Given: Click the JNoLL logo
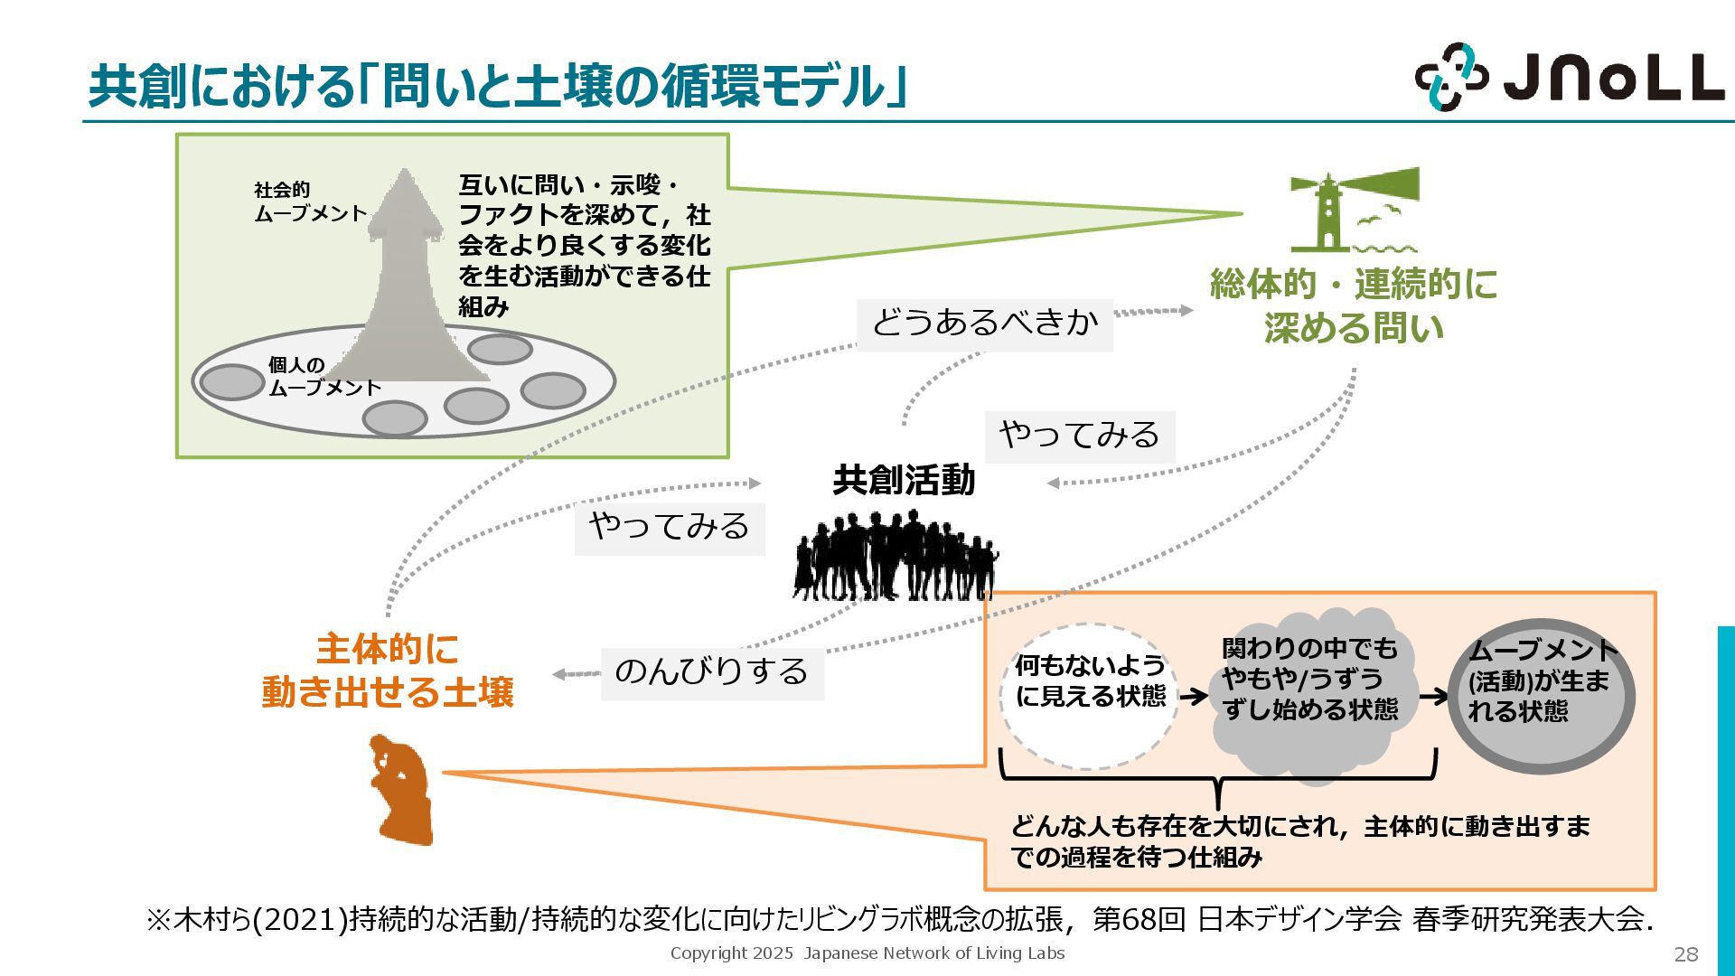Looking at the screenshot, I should point(1569,77).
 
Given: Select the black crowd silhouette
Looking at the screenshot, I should point(896,556).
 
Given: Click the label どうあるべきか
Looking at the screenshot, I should point(984,323).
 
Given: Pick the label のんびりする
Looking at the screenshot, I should point(712,672).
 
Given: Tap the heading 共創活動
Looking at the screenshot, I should point(904,480).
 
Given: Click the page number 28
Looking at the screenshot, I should point(1685,954).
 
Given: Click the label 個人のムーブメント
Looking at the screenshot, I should point(324,377).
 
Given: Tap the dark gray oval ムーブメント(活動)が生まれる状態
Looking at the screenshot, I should point(1542,696).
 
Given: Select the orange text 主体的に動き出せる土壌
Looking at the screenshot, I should point(388,671).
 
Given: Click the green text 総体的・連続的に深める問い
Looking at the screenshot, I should point(1353,305).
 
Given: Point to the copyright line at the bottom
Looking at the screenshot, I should point(867,953).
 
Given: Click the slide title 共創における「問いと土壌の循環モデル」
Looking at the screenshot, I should point(497,87).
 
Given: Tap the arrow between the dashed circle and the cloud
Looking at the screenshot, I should point(1193,696).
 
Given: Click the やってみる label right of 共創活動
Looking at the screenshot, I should point(1079,436).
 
